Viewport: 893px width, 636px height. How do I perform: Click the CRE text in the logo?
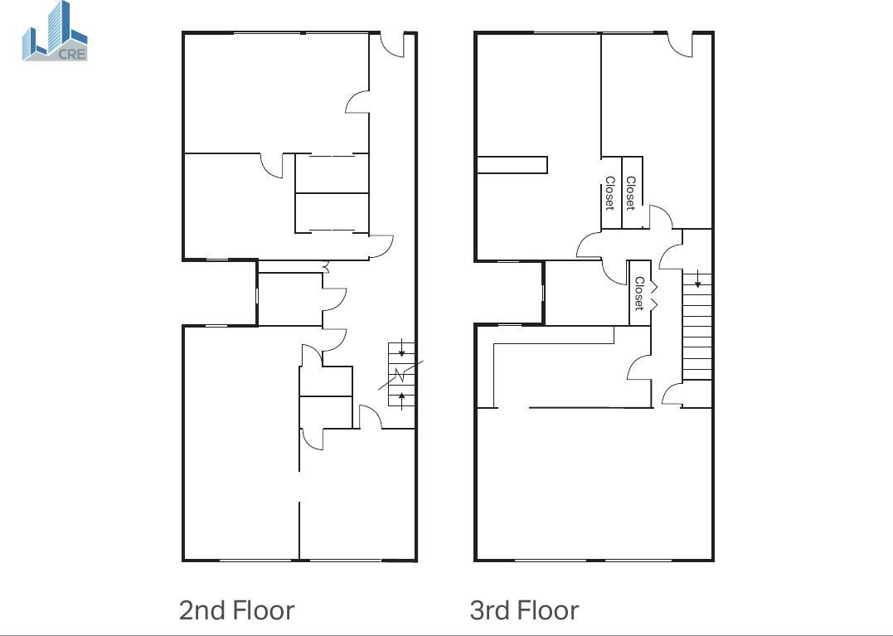click(72, 55)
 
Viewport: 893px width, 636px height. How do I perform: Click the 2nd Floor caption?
click(237, 610)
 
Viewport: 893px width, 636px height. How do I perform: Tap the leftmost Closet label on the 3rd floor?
click(610, 193)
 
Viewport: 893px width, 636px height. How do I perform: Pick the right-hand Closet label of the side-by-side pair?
click(630, 193)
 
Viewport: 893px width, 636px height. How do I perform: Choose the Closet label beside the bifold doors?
click(639, 294)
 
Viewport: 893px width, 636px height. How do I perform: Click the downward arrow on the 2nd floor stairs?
click(401, 348)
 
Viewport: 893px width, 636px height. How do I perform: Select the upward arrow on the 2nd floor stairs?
click(401, 400)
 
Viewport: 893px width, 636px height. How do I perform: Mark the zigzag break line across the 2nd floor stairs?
click(401, 376)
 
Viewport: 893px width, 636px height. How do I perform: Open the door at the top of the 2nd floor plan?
click(392, 45)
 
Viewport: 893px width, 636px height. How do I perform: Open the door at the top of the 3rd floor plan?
click(680, 45)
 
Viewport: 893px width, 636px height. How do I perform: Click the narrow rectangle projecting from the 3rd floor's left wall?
click(512, 165)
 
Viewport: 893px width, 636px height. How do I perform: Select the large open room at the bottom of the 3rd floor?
click(594, 484)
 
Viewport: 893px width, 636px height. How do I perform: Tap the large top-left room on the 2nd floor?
click(276, 94)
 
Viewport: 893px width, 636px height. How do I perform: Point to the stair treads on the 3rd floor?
click(697, 327)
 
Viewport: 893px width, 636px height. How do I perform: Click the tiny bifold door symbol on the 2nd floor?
click(326, 266)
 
